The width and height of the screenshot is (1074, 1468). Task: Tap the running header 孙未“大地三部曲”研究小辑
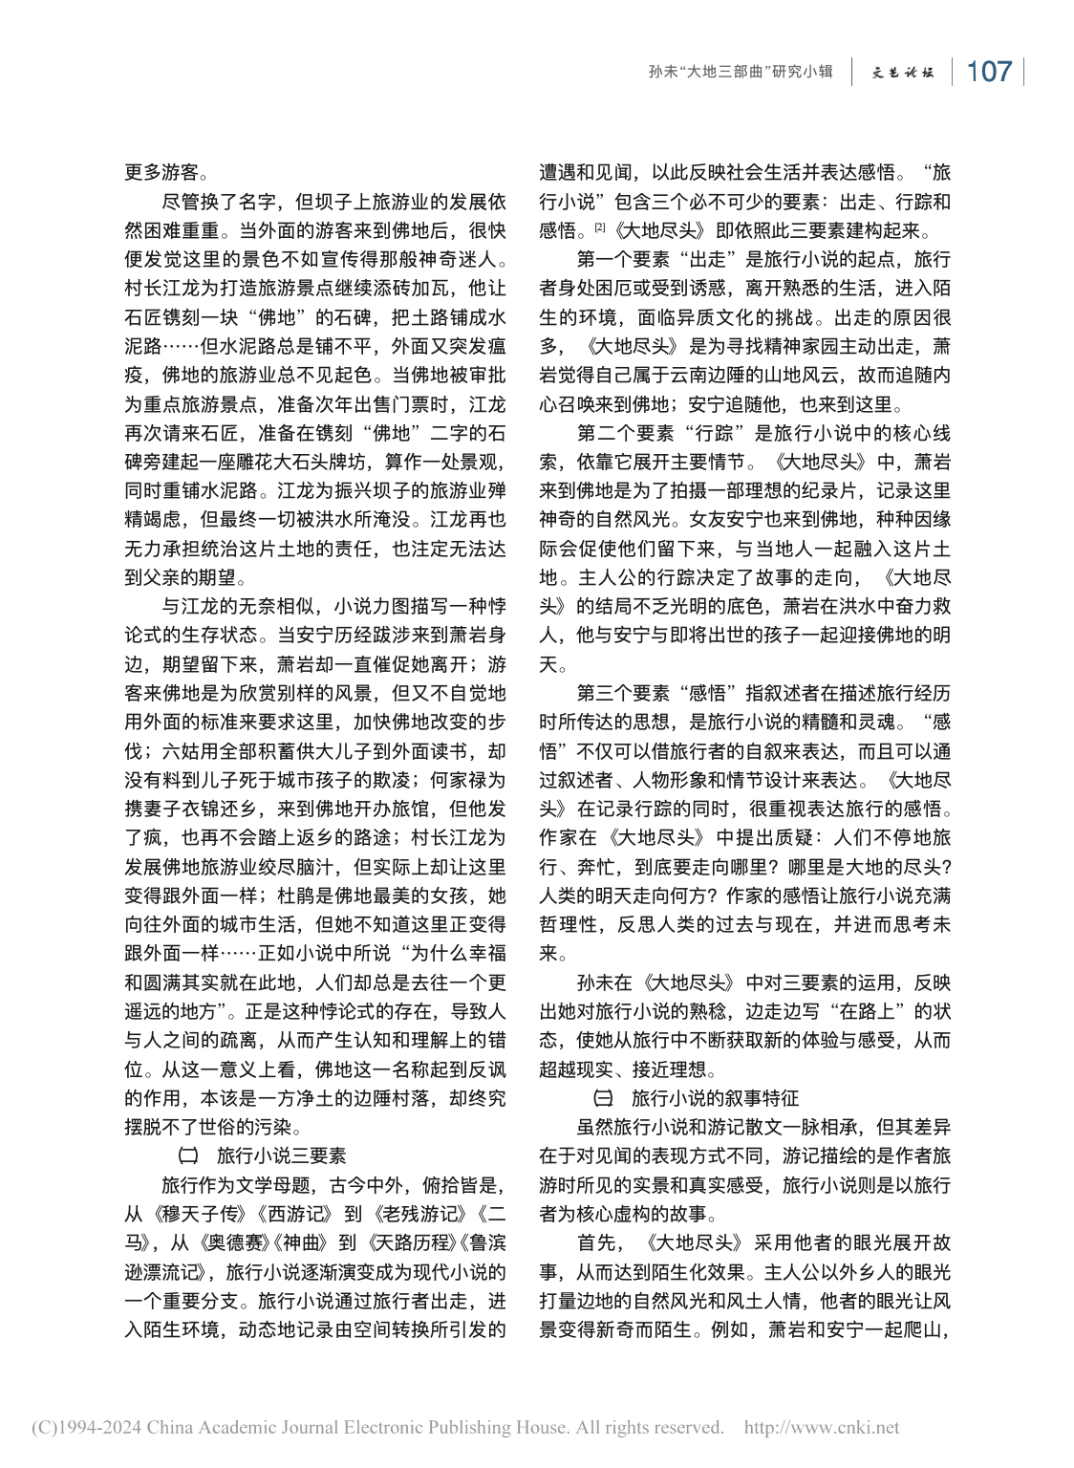(740, 73)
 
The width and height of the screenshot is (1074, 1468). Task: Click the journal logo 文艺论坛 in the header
(903, 73)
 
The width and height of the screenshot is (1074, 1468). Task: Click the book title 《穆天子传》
(190, 1214)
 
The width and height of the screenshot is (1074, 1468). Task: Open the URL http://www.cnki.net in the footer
(821, 1428)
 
